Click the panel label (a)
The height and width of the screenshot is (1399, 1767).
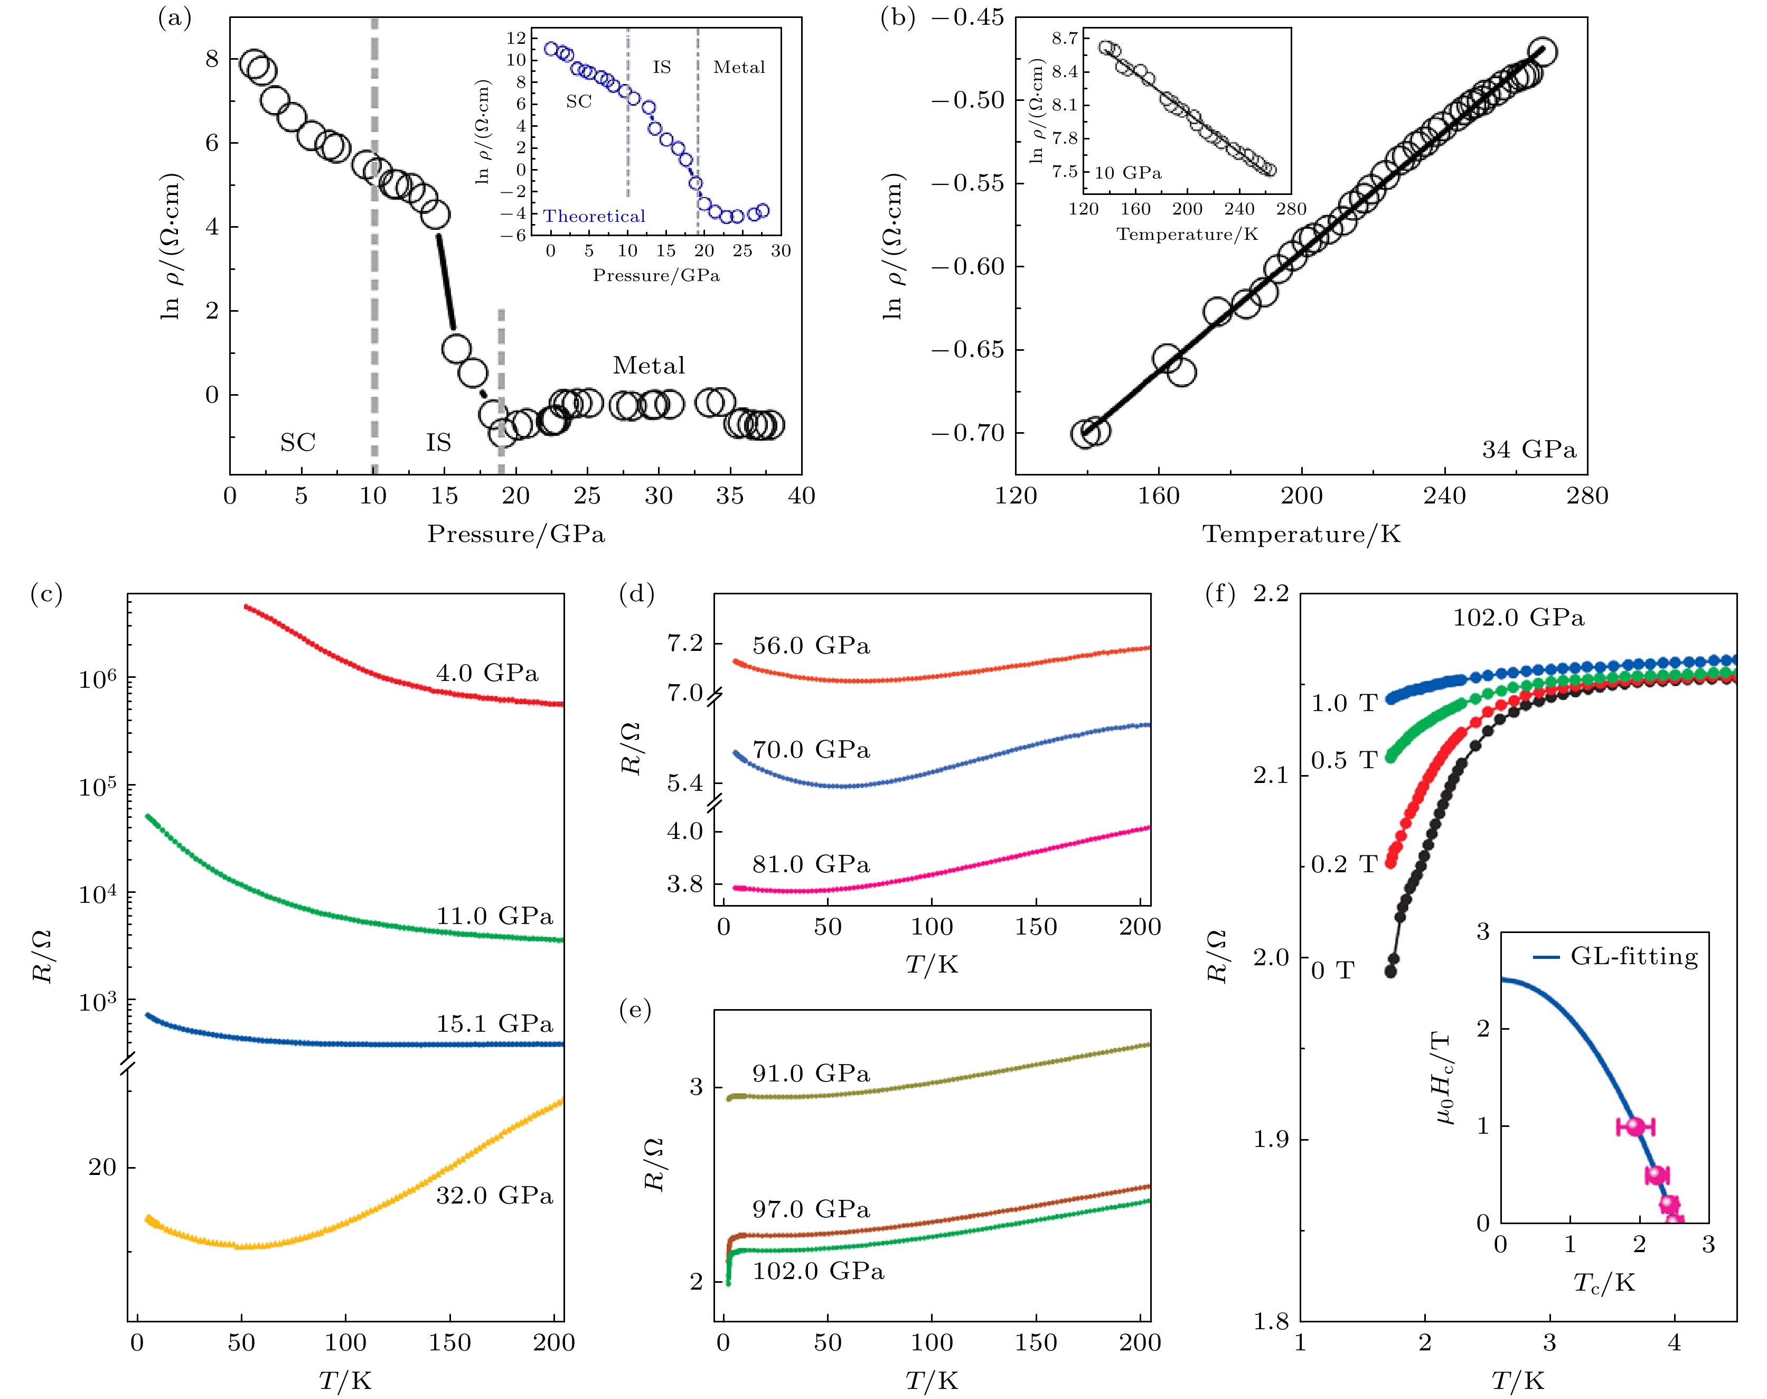coord(174,18)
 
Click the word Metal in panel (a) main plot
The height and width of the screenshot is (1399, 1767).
coord(648,365)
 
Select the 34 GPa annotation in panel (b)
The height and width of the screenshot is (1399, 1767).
coord(1528,450)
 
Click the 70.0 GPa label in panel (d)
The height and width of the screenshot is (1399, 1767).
coord(811,750)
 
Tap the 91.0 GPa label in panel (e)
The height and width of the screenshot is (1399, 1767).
coord(811,1073)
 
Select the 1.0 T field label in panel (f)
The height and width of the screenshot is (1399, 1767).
coord(1343,703)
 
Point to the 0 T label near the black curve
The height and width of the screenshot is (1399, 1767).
coord(1332,971)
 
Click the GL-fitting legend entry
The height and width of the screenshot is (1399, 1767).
coord(1633,957)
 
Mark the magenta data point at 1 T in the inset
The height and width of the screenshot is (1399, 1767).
coord(1635,1126)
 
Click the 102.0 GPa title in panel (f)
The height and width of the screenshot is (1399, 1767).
coord(1518,618)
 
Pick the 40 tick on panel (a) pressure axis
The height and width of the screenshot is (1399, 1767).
coord(801,496)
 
